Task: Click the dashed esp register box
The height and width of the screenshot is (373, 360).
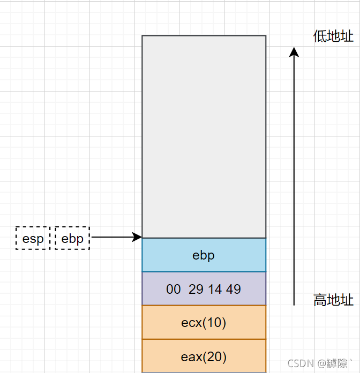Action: point(33,238)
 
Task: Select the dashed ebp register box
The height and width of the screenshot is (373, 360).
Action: point(72,238)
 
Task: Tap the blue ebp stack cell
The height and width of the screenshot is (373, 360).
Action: point(204,255)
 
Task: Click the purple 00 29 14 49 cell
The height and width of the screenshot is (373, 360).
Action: point(204,289)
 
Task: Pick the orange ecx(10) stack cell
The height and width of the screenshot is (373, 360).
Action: point(204,323)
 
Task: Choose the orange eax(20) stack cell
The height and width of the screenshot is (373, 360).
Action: point(204,356)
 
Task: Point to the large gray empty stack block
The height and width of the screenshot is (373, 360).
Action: point(204,136)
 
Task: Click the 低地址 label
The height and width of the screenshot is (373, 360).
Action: point(333,36)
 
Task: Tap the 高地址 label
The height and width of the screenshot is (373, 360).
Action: point(333,300)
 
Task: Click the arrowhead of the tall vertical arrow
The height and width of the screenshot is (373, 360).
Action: point(294,52)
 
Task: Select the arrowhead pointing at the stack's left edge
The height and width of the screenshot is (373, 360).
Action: point(138,237)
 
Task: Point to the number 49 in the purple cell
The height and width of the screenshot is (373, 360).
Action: point(233,290)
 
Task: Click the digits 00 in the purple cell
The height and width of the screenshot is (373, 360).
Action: point(174,290)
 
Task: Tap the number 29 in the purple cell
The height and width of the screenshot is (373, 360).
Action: point(196,290)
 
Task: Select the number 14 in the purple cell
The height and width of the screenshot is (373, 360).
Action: point(215,290)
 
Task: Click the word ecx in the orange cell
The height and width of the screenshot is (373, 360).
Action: point(191,323)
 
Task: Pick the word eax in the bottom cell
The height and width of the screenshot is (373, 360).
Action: point(191,356)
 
